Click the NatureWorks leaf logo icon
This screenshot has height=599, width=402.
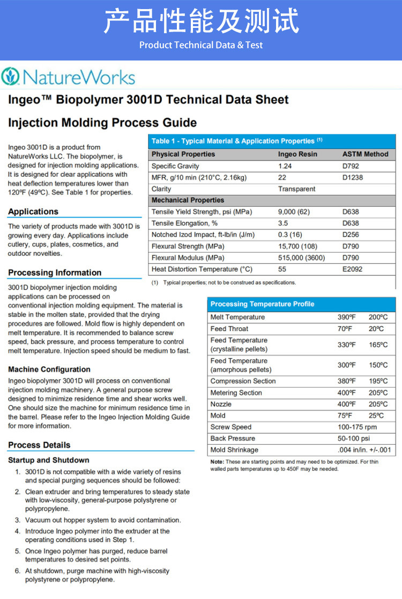pyautogui.click(x=10, y=77)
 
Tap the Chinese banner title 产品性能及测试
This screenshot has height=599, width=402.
pyautogui.click(x=200, y=21)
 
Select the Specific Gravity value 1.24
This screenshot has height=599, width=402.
pyautogui.click(x=285, y=166)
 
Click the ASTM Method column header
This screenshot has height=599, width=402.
pyautogui.click(x=365, y=154)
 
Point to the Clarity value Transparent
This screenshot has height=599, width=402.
pyautogui.click(x=296, y=189)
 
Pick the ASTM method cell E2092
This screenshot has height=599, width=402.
pyautogui.click(x=353, y=269)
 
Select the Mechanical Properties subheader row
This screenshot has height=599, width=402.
pyautogui.click(x=180, y=200)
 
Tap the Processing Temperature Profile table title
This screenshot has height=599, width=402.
pyautogui.click(x=262, y=304)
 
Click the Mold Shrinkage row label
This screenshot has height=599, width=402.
pyautogui.click(x=234, y=450)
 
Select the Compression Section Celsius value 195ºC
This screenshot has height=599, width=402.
pyautogui.click(x=378, y=381)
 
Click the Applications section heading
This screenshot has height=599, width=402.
pyautogui.click(x=33, y=211)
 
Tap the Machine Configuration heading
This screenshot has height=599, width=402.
pyautogui.click(x=49, y=369)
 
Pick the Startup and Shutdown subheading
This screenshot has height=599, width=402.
pyautogui.click(x=49, y=460)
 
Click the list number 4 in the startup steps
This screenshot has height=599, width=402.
pyautogui.click(x=17, y=532)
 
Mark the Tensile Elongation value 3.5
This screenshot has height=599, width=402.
pyautogui.click(x=283, y=223)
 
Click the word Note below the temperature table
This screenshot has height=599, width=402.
pyautogui.click(x=217, y=461)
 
